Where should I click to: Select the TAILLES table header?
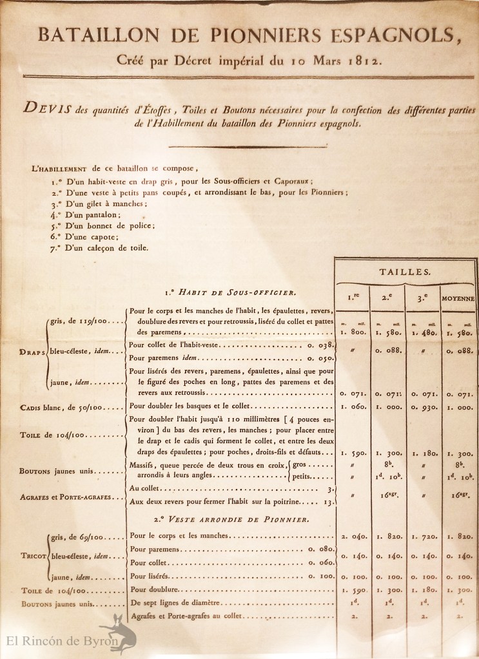point(406,272)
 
